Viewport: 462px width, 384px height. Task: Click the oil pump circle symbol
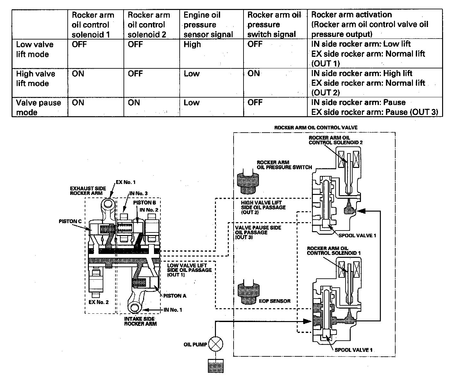pos(216,345)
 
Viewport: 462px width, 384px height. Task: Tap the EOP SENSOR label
pos(275,301)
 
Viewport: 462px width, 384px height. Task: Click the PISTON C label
pos(70,222)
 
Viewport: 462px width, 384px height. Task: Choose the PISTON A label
pos(175,296)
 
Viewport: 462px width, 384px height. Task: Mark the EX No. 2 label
pos(98,302)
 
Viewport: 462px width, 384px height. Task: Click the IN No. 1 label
pos(173,310)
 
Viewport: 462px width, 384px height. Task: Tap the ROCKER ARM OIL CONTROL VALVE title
pos(316,127)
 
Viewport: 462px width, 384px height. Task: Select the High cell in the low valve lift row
pos(192,45)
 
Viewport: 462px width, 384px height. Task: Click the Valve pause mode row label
pos(38,108)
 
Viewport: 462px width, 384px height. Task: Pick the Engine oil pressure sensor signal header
pos(208,25)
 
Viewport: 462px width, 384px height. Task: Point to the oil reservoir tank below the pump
pos(216,366)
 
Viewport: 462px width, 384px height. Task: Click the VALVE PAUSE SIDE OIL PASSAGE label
pos(258,232)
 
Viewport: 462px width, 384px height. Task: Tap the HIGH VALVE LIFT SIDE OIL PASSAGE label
pos(263,207)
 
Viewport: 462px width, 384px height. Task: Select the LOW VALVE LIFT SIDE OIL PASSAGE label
pos(189,270)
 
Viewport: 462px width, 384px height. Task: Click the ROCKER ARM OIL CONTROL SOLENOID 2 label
pos(331,140)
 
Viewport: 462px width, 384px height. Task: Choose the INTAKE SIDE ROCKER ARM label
pos(140,321)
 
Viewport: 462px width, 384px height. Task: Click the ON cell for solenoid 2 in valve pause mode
pos(134,103)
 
